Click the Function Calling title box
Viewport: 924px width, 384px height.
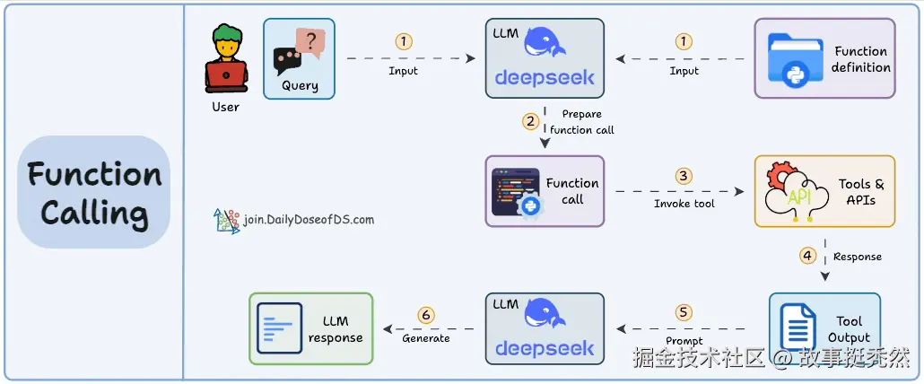coord(93,191)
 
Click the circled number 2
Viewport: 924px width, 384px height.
coord(531,120)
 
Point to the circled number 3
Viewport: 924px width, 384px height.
coord(684,176)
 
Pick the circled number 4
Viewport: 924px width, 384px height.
coord(807,255)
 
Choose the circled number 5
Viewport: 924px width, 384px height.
coord(684,312)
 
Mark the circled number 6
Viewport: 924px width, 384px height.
coord(426,314)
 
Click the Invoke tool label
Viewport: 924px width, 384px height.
coord(684,204)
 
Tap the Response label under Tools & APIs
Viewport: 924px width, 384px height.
coord(858,257)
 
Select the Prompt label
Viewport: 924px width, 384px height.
coord(684,341)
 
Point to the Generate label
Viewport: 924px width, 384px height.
coord(426,339)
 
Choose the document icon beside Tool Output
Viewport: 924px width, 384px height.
coord(798,327)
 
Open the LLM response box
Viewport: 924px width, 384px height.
coord(310,328)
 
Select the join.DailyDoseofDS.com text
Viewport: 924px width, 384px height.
coord(308,219)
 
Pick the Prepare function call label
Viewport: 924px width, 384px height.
coord(582,122)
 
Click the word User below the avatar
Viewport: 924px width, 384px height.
coord(225,107)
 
